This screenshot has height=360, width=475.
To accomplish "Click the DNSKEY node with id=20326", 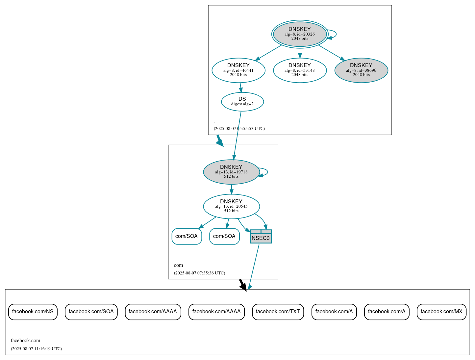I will (x=300, y=34).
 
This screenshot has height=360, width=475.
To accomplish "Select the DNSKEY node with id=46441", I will (x=238, y=70).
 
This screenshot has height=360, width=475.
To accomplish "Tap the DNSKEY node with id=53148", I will (x=300, y=70).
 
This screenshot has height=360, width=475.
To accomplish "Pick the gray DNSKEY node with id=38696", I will (x=361, y=70).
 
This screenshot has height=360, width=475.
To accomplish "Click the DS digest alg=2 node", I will (x=242, y=102).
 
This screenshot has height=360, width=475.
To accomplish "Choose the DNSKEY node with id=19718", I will (x=231, y=172).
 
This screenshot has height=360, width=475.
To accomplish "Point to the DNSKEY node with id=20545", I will (x=231, y=206).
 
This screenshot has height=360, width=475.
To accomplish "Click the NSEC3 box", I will (x=261, y=237).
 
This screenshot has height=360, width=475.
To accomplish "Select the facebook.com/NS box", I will (x=33, y=312).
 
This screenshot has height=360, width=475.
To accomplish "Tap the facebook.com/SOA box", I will (x=91, y=312).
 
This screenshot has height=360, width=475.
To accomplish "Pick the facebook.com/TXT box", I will (x=278, y=312).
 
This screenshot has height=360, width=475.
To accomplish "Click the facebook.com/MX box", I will (x=441, y=312).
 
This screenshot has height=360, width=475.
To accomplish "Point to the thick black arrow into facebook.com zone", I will (x=243, y=285).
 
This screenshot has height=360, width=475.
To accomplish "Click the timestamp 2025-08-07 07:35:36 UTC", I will (x=199, y=273).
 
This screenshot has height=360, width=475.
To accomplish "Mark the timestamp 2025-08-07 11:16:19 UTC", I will (x=36, y=349).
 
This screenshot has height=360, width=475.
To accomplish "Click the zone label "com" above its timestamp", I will (x=178, y=265).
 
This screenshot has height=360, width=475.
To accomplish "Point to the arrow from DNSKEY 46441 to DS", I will (x=241, y=88).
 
